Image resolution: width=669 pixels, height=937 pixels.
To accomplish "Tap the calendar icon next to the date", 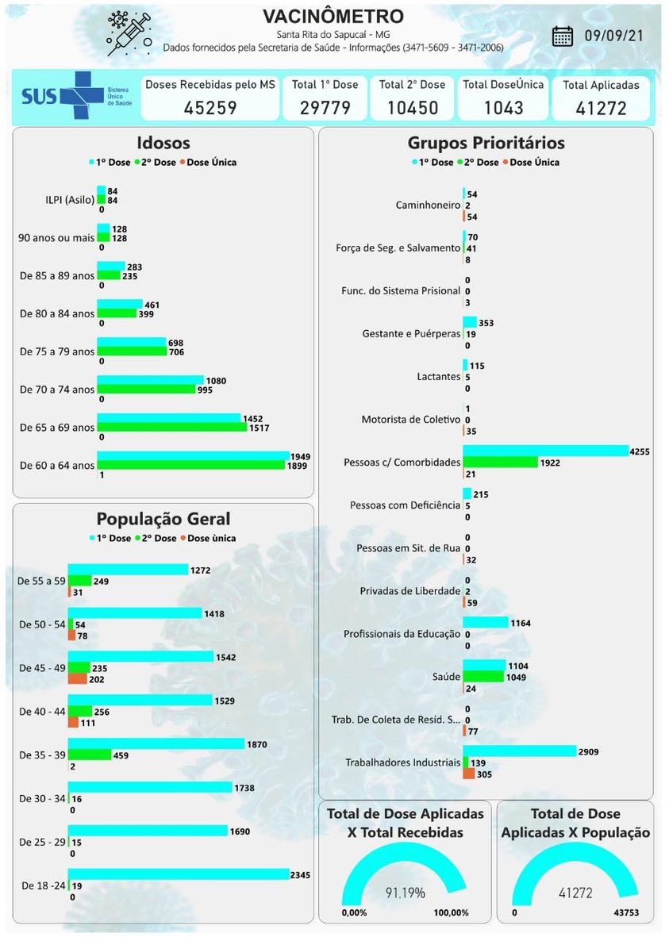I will [x=563, y=36].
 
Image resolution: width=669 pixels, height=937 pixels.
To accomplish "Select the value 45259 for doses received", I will [x=210, y=108].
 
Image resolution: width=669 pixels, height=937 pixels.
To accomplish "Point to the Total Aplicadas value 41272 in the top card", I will [x=601, y=108].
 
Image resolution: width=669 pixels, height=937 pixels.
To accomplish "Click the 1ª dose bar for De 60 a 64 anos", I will [x=193, y=455].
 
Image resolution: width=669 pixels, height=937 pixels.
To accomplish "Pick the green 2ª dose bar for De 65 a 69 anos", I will [x=171, y=428].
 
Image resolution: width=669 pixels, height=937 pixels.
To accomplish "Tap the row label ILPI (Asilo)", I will [x=57, y=200].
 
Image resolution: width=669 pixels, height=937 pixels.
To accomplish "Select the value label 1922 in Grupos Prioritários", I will [x=550, y=463].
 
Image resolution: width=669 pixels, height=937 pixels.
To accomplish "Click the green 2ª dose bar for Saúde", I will [x=483, y=677].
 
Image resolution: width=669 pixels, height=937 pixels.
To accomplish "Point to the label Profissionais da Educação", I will [x=402, y=634].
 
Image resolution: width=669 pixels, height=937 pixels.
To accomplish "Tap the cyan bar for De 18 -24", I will [x=179, y=874].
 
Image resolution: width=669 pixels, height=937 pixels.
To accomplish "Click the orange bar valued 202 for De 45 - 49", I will [x=78, y=678].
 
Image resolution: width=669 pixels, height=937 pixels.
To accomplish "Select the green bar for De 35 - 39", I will [x=90, y=755].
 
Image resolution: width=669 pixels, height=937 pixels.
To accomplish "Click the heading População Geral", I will [x=163, y=519].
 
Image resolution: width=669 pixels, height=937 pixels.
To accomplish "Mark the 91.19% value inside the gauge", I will [x=406, y=893].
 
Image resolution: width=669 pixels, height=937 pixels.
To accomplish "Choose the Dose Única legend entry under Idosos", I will [x=210, y=162].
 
